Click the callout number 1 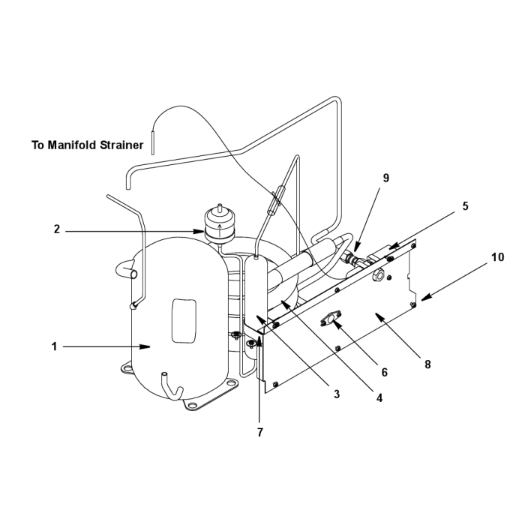54,346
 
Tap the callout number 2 57,229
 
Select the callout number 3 337,394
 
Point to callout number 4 379,398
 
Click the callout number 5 466,206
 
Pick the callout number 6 384,372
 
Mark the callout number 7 260,433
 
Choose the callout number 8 427,364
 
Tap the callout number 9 386,178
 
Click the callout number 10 497,257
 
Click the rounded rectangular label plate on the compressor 184,321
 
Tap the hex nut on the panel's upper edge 377,275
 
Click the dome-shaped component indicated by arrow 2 219,223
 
